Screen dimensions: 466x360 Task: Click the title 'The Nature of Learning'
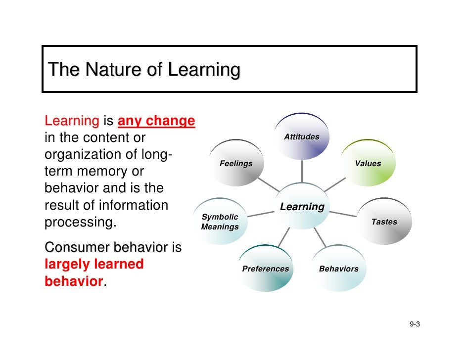click(x=144, y=70)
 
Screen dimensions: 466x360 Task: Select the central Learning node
click(x=302, y=207)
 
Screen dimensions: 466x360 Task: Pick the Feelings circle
click(x=236, y=164)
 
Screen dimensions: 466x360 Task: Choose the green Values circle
click(x=369, y=164)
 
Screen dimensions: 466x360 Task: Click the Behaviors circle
click(x=339, y=269)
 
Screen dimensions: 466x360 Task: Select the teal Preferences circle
click(x=265, y=269)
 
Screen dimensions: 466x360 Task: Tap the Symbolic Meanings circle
click(x=220, y=222)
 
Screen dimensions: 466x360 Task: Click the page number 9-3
click(x=415, y=324)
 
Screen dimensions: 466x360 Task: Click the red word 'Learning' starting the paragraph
click(x=72, y=121)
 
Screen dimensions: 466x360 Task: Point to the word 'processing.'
click(x=81, y=222)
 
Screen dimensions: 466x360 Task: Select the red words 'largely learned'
click(x=94, y=264)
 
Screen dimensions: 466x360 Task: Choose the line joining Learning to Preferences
click(x=283, y=238)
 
